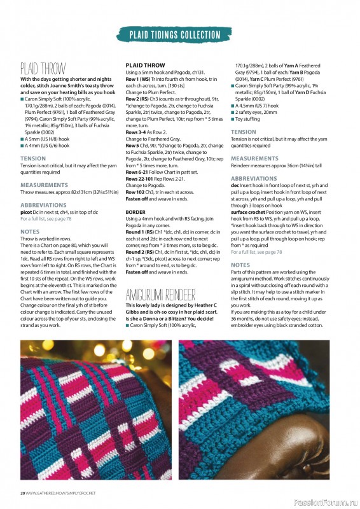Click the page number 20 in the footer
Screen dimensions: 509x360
click(x=22, y=493)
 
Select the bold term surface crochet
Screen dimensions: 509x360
click(x=251, y=211)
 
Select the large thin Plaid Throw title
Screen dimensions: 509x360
click(x=43, y=68)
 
